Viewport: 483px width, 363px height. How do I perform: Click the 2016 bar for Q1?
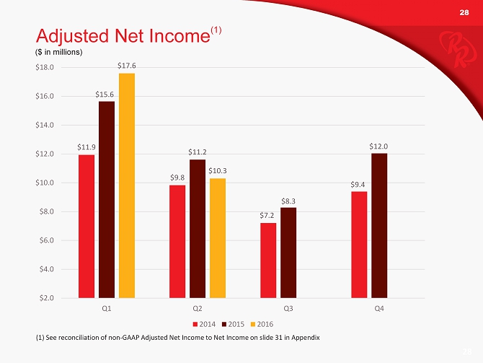[x=127, y=185]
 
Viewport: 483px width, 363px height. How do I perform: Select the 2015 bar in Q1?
[x=107, y=199]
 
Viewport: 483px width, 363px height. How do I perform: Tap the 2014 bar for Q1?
[x=87, y=226]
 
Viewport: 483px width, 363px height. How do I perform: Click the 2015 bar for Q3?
[x=288, y=252]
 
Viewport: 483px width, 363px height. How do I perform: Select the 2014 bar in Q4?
[x=359, y=244]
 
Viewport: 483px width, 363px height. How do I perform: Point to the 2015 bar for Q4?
[x=379, y=225]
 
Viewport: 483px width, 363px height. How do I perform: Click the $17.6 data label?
[x=127, y=66]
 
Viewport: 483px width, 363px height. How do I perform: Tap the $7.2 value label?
[x=268, y=215]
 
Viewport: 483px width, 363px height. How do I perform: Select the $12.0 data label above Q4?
[x=379, y=146]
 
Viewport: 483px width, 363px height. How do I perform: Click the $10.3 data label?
[x=218, y=170]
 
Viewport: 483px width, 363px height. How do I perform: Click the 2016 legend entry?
[x=262, y=322]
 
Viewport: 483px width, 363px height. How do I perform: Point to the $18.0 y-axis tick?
[x=45, y=67]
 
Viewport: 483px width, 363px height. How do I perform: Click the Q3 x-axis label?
[x=288, y=308]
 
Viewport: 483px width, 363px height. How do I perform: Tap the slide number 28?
[x=464, y=13]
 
